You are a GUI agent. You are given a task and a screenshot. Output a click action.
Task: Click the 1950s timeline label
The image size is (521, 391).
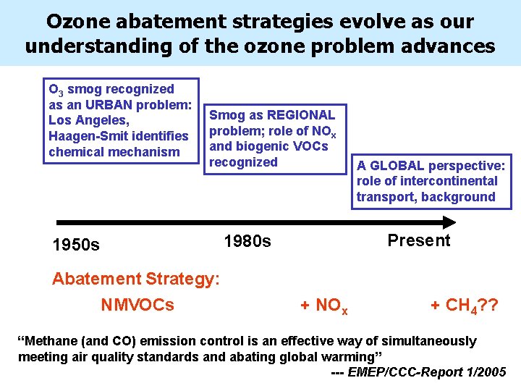(76, 245)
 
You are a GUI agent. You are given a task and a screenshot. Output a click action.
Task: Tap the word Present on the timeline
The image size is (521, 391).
(418, 240)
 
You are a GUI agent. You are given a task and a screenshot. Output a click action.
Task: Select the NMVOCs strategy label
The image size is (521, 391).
(137, 305)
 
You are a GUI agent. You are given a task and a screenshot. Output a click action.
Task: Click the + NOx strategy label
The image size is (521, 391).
(323, 306)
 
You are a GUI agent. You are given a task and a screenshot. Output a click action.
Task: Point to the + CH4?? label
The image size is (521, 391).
(464, 306)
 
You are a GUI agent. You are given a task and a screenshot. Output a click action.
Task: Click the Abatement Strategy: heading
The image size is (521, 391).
(135, 279)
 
